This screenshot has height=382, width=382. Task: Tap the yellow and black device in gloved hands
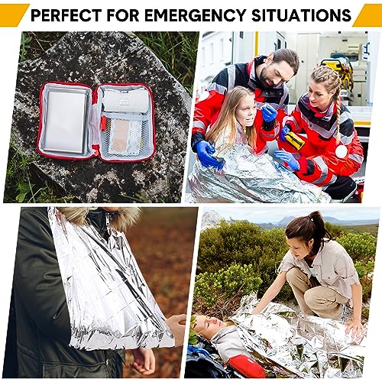[294, 140]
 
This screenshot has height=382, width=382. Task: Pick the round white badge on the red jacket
[341, 151]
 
